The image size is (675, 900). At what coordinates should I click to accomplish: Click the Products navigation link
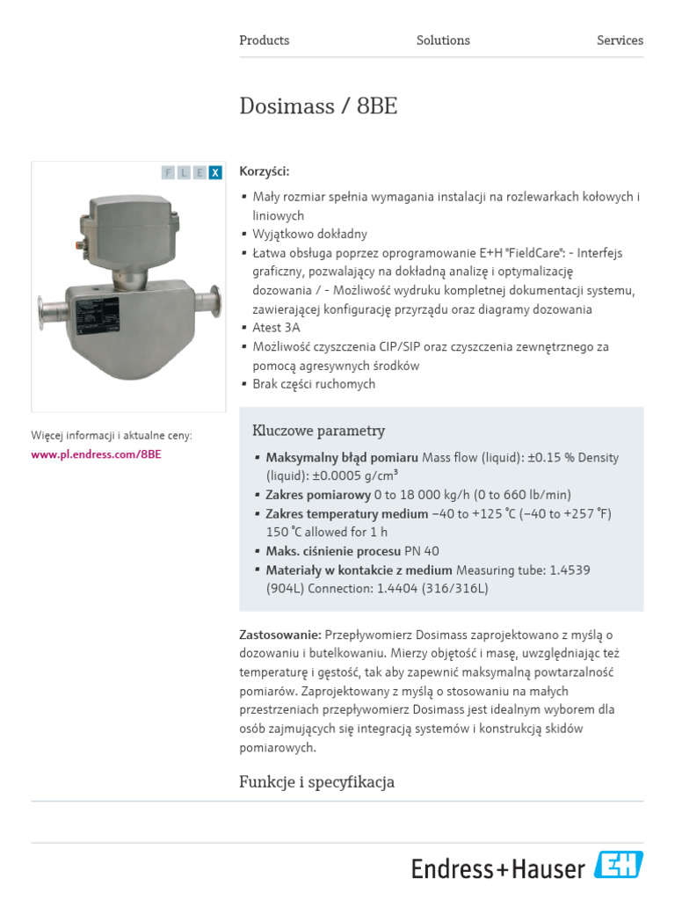tap(264, 40)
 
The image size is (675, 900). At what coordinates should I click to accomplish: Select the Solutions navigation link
tap(443, 40)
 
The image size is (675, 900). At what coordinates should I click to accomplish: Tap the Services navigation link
tap(620, 40)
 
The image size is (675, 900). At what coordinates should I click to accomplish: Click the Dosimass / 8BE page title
tap(318, 106)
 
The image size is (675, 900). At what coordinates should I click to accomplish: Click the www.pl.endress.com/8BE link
tap(96, 454)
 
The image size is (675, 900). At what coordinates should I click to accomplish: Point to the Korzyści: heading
tap(264, 171)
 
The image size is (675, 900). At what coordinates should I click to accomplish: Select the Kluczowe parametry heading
tap(318, 431)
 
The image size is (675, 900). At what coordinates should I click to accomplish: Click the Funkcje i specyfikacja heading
tap(316, 781)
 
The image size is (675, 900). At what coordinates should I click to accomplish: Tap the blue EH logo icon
tap(619, 865)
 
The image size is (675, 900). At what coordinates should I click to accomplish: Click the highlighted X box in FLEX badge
tap(215, 172)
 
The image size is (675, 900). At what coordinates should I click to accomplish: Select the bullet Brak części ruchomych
tap(314, 384)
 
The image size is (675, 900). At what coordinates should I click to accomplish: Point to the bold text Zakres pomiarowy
tap(318, 495)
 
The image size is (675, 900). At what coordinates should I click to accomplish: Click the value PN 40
tap(422, 551)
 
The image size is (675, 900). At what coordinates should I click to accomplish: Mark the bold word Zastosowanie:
tap(280, 635)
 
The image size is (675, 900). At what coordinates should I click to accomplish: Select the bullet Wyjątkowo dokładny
tap(309, 235)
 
